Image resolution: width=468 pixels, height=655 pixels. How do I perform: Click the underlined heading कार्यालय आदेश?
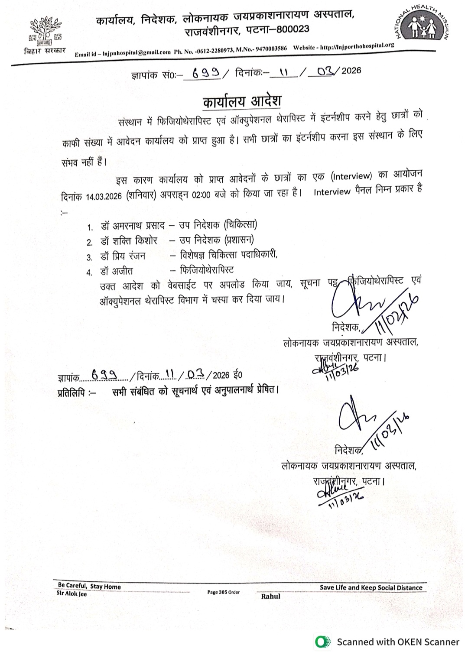point(242,102)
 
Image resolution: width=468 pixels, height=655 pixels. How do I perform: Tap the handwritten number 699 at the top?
point(205,73)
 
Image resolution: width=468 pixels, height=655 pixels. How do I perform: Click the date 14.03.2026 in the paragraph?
point(104,197)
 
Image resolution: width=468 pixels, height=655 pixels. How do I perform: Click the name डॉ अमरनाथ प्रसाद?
point(133,226)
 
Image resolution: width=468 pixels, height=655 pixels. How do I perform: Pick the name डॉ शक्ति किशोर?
point(129,241)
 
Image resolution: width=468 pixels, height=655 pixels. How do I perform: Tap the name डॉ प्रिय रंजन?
point(123,256)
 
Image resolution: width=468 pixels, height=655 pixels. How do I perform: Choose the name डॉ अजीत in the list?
point(117,272)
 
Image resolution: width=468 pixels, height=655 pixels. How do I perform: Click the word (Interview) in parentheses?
point(351,176)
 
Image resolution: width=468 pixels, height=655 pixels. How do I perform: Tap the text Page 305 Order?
point(223,592)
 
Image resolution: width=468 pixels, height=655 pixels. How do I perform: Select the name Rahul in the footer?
point(270,597)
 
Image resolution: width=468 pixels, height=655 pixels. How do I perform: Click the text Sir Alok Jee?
point(71,593)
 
